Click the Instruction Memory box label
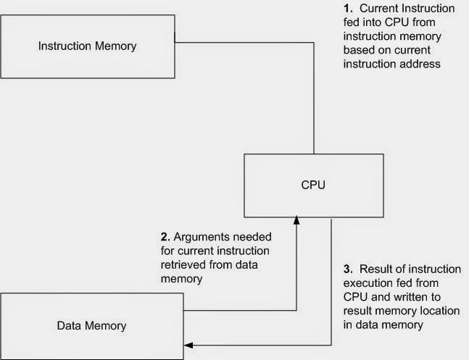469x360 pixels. point(87,47)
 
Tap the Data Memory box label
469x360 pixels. point(91,325)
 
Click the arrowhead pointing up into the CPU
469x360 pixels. point(296,218)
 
